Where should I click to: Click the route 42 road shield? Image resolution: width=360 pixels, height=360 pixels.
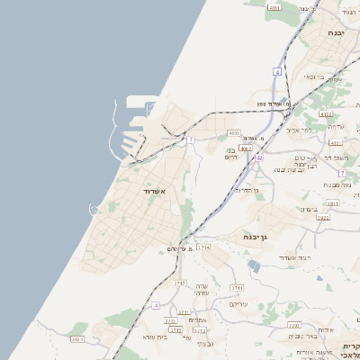tap(259, 157)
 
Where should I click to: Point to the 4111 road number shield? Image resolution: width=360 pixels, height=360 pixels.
tap(274, 7)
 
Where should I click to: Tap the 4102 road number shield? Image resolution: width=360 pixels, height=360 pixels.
tap(325, 114)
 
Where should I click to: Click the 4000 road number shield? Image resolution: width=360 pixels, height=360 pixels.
tap(234, 132)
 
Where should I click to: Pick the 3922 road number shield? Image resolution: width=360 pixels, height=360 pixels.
tap(323, 217)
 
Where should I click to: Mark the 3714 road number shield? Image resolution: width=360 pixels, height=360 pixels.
tap(204, 247)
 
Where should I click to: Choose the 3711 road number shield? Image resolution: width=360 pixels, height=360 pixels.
tap(237, 286)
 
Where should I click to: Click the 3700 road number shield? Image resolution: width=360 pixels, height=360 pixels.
tap(293, 325)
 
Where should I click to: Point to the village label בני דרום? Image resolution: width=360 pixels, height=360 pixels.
tap(231, 153)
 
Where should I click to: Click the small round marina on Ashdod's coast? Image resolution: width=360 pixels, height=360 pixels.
tap(94, 210)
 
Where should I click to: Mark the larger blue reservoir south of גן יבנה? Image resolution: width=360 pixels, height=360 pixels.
tap(254, 266)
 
